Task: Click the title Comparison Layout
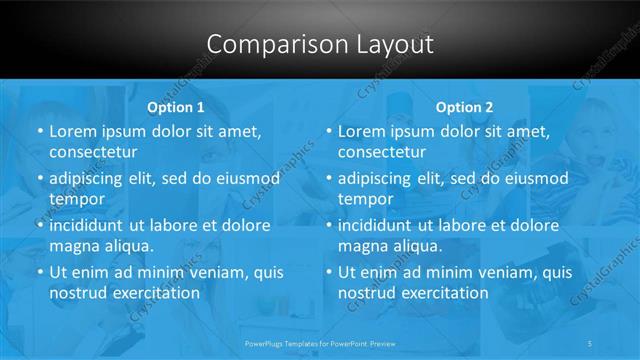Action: pos(320,45)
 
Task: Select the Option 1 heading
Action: pos(176,107)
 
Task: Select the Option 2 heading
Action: pos(465,107)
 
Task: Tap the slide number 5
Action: pos(591,342)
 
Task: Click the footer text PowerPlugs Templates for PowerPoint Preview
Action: pos(320,342)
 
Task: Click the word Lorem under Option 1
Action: pos(73,131)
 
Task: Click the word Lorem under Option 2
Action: pos(362,131)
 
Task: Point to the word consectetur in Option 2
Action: pos(382,153)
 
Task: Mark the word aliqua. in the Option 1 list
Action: pos(127,246)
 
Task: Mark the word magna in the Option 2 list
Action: pos(361,246)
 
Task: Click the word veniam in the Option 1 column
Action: pos(200,271)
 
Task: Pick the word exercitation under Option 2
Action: pos(443,293)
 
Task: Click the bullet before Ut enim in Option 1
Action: pos(40,272)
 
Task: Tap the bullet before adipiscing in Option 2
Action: pos(329,179)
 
